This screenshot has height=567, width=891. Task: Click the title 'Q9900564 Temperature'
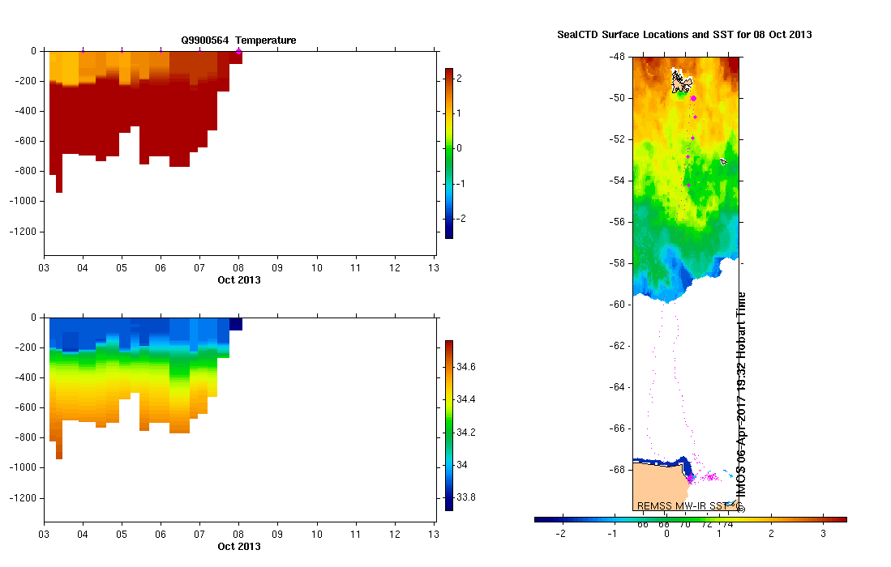click(x=238, y=40)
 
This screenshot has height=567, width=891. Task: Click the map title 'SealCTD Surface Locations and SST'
click(x=684, y=35)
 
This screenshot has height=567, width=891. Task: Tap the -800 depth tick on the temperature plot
click(x=29, y=172)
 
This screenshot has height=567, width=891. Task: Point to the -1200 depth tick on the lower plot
click(x=26, y=497)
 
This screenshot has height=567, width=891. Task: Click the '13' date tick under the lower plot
click(x=433, y=535)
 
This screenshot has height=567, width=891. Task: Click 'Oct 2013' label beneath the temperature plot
click(x=238, y=280)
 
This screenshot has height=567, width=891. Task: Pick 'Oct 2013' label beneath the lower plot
click(x=238, y=547)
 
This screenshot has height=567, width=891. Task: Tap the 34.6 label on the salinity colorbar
click(x=465, y=367)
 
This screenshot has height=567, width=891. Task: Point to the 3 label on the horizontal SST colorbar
click(x=823, y=533)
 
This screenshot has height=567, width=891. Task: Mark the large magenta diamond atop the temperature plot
click(x=238, y=51)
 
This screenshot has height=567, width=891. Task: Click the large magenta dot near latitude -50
click(x=693, y=98)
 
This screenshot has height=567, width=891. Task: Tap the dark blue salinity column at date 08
click(x=235, y=324)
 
